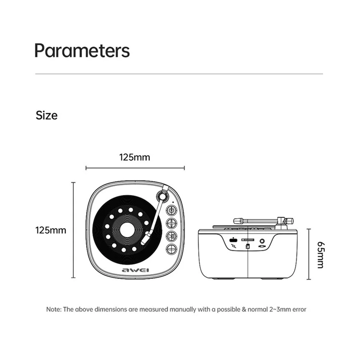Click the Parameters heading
pyautogui.click(x=82, y=50)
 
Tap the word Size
pyautogui.click(x=46, y=115)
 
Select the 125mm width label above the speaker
pyautogui.click(x=134, y=157)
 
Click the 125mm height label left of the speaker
pyautogui.click(x=51, y=230)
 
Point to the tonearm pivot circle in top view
pyautogui.click(x=162, y=195)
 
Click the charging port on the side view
pyautogui.click(x=233, y=240)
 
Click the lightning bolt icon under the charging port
pyautogui.click(x=233, y=247)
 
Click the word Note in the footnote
pyautogui.click(x=53, y=310)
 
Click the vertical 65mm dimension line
pyautogui.click(x=309, y=254)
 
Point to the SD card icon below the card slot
pyautogui.click(x=248, y=247)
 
